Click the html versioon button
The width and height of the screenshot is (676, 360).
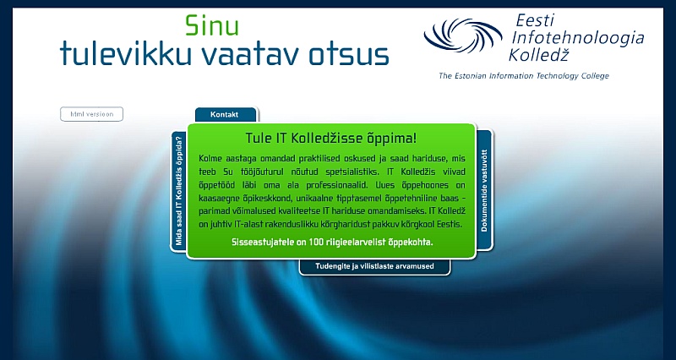click(91, 114)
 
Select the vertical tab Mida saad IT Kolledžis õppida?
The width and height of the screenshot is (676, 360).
click(178, 192)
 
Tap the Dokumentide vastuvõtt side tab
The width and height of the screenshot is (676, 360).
click(484, 190)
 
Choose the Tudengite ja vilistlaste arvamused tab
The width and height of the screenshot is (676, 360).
click(374, 266)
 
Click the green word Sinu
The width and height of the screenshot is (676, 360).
click(212, 25)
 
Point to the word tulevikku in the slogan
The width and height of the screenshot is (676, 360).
click(125, 53)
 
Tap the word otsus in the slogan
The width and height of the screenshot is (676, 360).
click(349, 55)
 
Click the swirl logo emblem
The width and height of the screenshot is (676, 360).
click(462, 35)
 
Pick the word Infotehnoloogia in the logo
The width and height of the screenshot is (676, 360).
click(577, 38)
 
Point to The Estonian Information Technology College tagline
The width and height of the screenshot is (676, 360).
click(523, 76)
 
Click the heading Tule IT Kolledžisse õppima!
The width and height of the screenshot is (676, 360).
click(331, 139)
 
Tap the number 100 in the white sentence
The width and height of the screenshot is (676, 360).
click(316, 242)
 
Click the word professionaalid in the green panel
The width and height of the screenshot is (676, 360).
click(340, 185)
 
